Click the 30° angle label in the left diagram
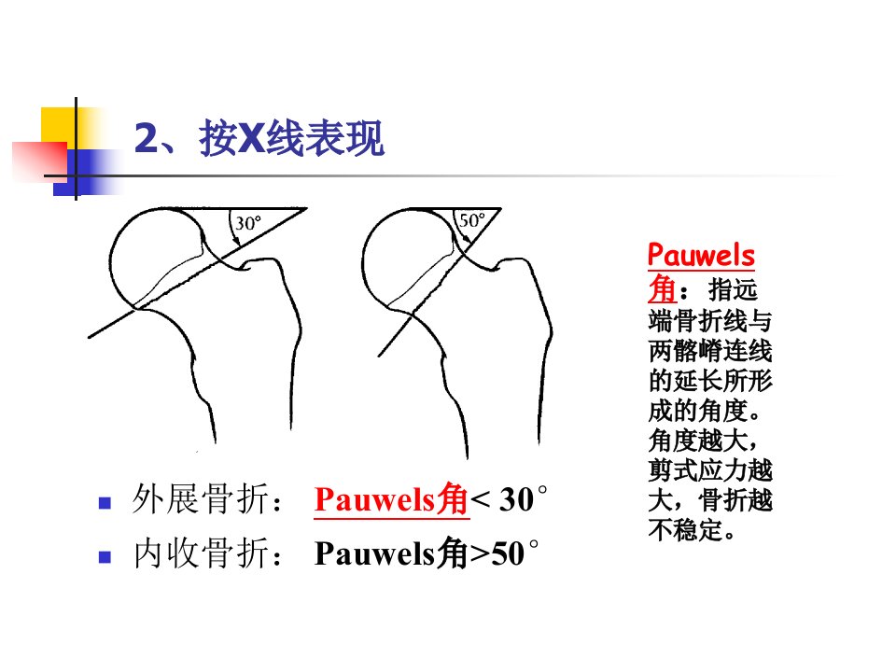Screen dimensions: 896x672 248,223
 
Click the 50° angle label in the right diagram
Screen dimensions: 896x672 472,220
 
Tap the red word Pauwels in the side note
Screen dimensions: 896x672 701,255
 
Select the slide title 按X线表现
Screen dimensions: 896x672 291,138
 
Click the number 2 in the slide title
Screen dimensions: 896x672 147,138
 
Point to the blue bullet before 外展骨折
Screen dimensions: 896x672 105,503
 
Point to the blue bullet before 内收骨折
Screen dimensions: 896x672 105,556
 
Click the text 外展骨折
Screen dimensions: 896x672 200,499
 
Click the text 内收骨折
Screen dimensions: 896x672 201,553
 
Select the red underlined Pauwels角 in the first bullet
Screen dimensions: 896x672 391,499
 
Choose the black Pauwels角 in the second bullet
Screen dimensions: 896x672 391,553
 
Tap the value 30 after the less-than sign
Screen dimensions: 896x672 517,500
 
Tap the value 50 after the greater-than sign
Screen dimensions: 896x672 508,553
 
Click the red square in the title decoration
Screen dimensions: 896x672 39,161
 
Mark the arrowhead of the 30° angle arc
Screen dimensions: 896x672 236,242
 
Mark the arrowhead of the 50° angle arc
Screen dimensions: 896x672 467,244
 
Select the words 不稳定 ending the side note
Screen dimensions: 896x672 686,530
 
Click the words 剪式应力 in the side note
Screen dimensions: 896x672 698,470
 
